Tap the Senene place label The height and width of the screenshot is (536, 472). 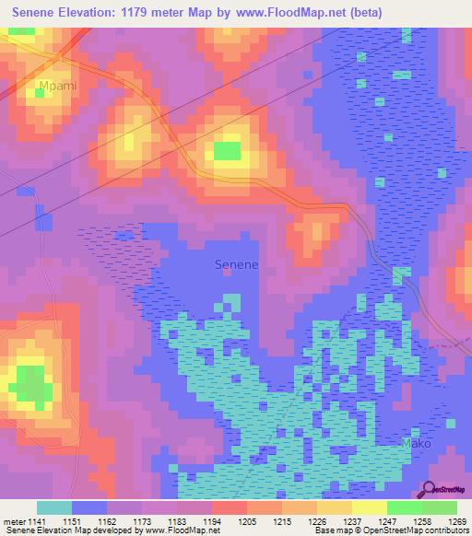(x=236, y=264)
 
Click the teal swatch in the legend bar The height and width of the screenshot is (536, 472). (x=54, y=507)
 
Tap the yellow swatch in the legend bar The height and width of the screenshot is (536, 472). (x=369, y=507)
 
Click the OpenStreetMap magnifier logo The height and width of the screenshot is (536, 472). (x=428, y=489)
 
